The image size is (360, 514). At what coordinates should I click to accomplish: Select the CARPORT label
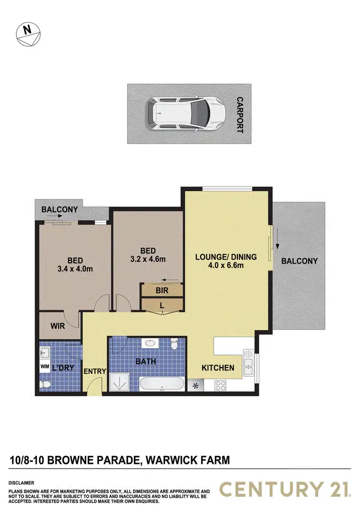(240, 114)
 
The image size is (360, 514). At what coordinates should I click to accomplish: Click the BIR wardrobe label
(161, 290)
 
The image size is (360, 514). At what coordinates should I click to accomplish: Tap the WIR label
(58, 325)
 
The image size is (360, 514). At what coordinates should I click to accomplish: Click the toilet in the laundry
(45, 384)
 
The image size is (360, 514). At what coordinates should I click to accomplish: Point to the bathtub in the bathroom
(162, 385)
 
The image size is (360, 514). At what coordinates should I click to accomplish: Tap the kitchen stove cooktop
(221, 385)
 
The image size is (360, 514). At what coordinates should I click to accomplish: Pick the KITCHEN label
(217, 368)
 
